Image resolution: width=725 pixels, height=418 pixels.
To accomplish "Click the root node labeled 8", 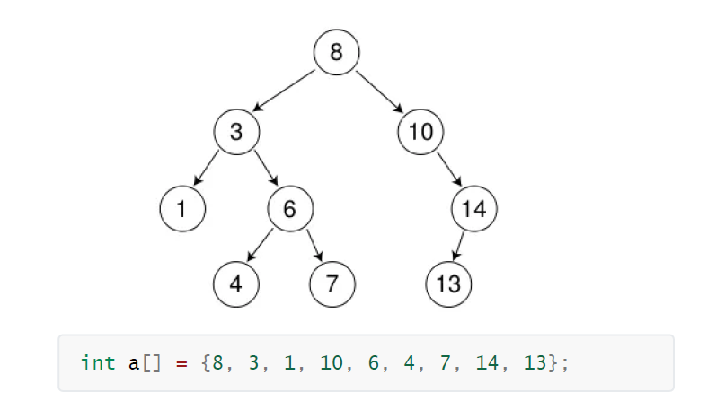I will coord(336,52).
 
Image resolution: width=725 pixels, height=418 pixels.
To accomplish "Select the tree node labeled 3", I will coord(236,132).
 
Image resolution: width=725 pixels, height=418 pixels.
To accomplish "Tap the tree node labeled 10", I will coord(420,132).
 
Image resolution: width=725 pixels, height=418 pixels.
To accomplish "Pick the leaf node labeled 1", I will coord(182,210).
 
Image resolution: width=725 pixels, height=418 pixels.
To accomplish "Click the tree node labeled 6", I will coord(289,210).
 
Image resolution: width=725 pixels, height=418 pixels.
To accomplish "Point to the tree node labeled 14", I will coord(473,210).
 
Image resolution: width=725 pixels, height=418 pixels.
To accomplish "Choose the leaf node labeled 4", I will coord(236,285).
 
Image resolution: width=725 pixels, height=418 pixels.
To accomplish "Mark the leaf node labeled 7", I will coord(332,285).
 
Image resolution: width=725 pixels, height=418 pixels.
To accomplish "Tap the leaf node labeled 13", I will coord(448,285).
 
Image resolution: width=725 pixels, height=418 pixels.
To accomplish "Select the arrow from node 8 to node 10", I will coord(378,91).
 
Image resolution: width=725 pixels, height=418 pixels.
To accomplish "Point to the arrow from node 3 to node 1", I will coord(208,170).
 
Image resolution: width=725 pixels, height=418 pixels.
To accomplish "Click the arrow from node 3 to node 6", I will coord(263,170).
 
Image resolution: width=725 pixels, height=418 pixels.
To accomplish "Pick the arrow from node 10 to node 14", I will coord(447,170).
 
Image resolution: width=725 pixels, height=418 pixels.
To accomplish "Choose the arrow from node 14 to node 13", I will coord(460,247).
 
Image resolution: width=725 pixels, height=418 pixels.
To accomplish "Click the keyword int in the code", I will coord(97,363).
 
